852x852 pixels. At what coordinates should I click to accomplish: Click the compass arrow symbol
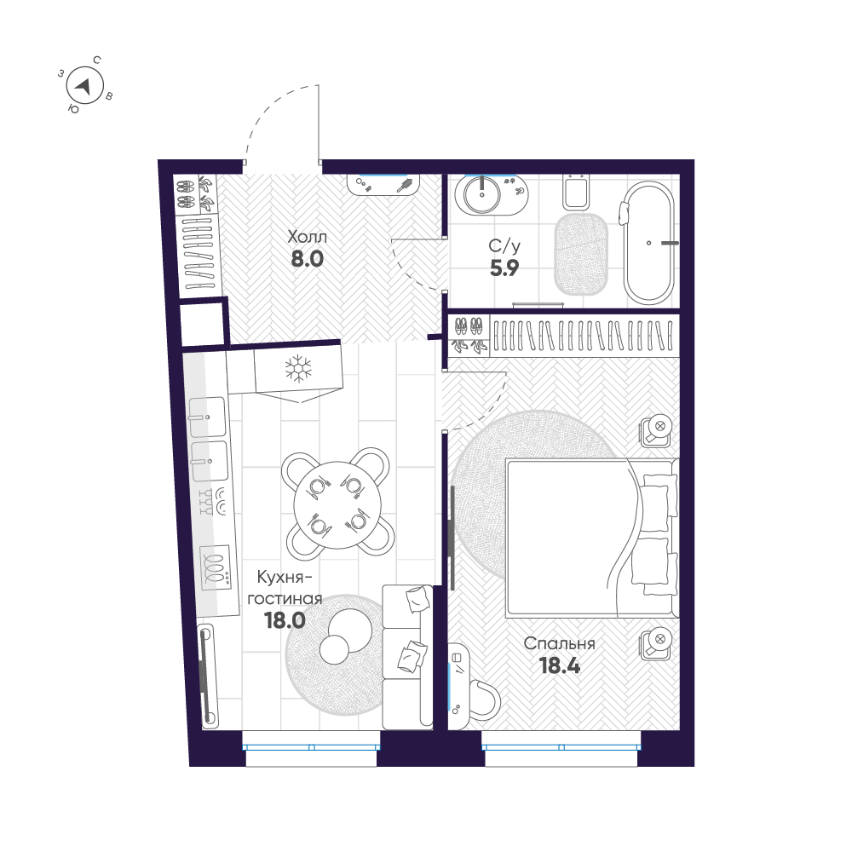(x=83, y=84)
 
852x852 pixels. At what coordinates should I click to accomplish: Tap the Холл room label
(x=307, y=236)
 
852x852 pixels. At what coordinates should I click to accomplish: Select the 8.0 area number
(x=307, y=259)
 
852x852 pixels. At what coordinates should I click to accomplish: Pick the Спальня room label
(x=559, y=644)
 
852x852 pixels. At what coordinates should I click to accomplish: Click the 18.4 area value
(x=560, y=666)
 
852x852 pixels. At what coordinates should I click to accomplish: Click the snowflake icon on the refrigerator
(x=296, y=368)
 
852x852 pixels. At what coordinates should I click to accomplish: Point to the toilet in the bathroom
(x=576, y=192)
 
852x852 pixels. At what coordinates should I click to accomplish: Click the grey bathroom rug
(x=582, y=253)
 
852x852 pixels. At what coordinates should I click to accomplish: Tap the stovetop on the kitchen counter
(x=216, y=565)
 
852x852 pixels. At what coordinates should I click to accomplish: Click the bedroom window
(x=561, y=746)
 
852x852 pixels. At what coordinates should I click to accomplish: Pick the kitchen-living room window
(x=311, y=746)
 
